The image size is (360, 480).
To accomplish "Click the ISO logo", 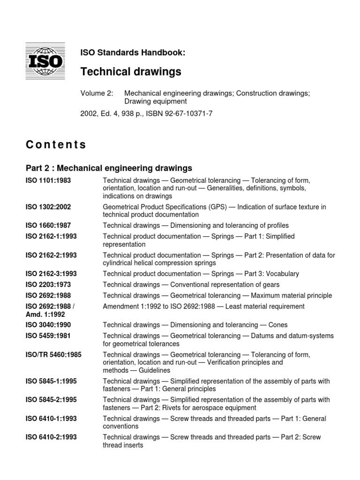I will tap(45, 61).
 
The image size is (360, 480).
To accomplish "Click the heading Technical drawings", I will tap(131, 71).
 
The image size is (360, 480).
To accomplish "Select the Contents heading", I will tap(56, 144).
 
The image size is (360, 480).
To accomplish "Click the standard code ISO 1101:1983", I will tap(48, 180).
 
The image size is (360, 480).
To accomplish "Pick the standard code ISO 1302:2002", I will tap(48, 207).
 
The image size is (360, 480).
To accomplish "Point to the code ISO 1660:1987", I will tap(48, 225).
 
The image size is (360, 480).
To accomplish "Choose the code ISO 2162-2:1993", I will tap(52, 255).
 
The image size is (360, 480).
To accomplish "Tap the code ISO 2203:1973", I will tap(48, 285).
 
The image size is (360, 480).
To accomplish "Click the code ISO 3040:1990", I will tap(48, 325).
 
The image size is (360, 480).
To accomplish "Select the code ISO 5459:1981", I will tap(48, 336).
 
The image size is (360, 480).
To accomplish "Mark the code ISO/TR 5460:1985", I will tap(53, 355).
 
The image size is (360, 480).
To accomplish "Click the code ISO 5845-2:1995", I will tap(52, 400).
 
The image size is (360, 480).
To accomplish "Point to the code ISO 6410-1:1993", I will tap(52, 419).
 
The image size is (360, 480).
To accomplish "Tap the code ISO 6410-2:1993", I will tap(52, 437).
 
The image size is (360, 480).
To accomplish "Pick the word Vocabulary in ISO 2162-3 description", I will tap(282, 274).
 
